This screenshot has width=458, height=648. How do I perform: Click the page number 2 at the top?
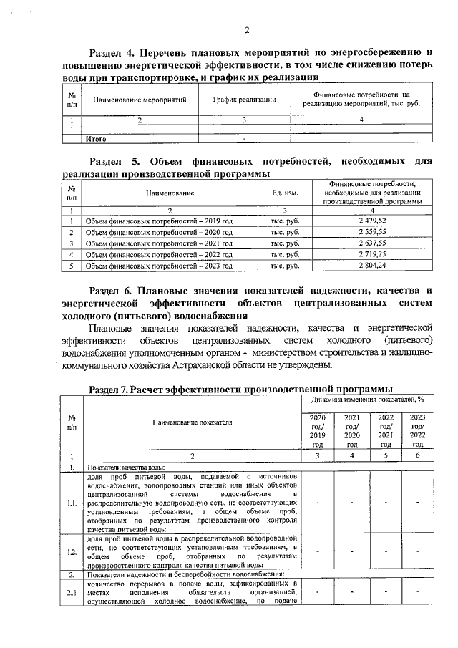pyautogui.click(x=245, y=29)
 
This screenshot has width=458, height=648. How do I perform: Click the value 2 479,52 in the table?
pyautogui.click(x=372, y=221)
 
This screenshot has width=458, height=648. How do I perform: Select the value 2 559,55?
pyautogui.click(x=372, y=233)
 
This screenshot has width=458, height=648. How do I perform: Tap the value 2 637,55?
pyautogui.click(x=372, y=244)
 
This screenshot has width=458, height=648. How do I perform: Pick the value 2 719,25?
pyautogui.click(x=372, y=255)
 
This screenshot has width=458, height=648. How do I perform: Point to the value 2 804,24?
pyautogui.click(x=372, y=266)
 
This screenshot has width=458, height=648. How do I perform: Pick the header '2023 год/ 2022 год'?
pyautogui.click(x=418, y=430)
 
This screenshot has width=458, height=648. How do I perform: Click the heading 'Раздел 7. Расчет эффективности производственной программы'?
pyautogui.click(x=240, y=387)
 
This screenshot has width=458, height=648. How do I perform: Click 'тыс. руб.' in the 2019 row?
pyautogui.click(x=285, y=221)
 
